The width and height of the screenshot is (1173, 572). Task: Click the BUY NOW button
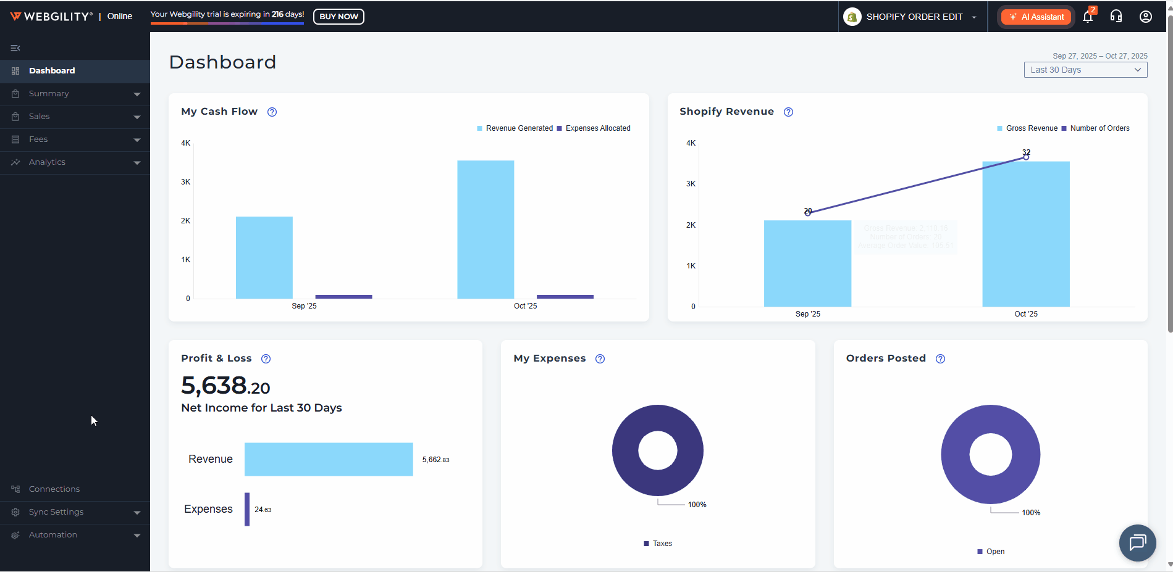point(338,17)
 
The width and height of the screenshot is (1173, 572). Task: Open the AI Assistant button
point(1036,17)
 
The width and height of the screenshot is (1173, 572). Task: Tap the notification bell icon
point(1088,17)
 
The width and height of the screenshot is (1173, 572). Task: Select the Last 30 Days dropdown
point(1085,70)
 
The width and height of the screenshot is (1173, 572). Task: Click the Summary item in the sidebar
point(49,94)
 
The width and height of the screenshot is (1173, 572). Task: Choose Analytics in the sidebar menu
point(47,162)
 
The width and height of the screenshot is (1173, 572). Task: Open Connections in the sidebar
point(54,489)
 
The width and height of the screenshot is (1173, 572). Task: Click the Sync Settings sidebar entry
point(56,512)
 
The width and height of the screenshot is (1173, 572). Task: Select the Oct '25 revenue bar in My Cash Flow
point(486,230)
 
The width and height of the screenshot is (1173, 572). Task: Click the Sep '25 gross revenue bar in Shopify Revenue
point(807,263)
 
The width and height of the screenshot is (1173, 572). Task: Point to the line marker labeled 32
point(1026,157)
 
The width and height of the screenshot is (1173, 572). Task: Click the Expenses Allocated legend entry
point(594,128)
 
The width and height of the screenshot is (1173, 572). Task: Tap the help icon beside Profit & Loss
point(266,359)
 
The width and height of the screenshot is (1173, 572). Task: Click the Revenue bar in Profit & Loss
point(329,459)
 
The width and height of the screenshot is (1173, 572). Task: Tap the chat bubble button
point(1137,543)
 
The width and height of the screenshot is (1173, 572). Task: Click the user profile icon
point(1146,17)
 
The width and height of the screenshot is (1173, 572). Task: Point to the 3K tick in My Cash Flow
point(186,182)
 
